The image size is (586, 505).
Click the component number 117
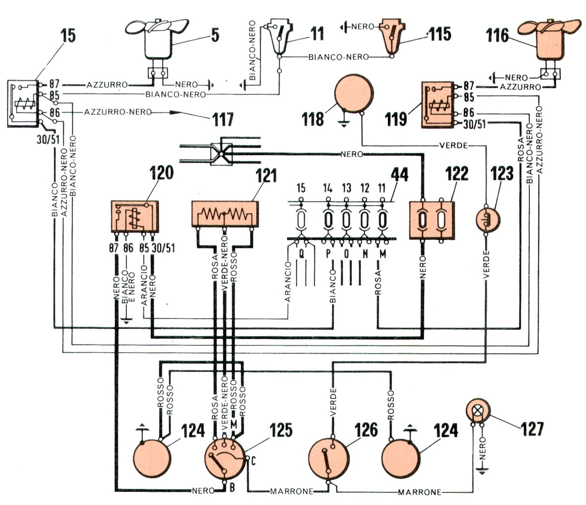(x=223, y=119)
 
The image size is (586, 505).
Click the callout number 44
(x=400, y=175)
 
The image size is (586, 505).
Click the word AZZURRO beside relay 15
(x=108, y=85)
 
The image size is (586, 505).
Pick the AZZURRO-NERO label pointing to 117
(x=118, y=112)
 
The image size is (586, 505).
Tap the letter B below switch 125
(x=232, y=489)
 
